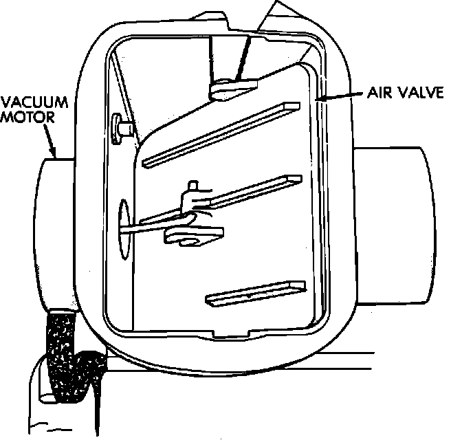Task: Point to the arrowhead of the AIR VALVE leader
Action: coord(316,100)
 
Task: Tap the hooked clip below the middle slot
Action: coord(192,236)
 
